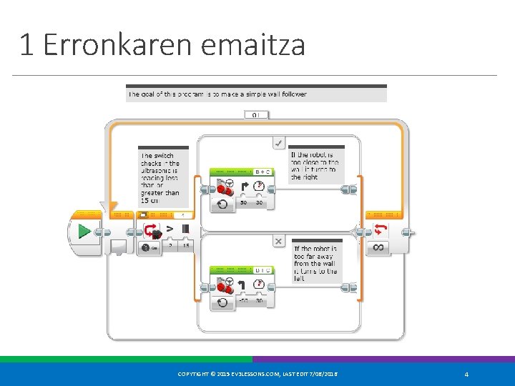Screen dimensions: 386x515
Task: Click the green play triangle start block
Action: coord(84,232)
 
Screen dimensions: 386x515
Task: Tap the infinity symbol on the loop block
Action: coord(378,247)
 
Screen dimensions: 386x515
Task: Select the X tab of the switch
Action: coord(279,242)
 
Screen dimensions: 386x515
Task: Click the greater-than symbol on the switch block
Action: coord(170,229)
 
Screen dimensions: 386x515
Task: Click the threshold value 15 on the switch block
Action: coord(186,246)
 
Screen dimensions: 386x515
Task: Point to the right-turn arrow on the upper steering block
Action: coord(244,187)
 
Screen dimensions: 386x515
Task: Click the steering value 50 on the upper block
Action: coord(244,204)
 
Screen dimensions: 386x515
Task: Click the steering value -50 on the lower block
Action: coord(243,301)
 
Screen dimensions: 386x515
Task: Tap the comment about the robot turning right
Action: coord(315,165)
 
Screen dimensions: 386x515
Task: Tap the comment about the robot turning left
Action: coord(315,262)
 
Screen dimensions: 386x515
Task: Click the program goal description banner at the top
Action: coord(256,94)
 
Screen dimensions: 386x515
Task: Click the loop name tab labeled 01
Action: coord(256,114)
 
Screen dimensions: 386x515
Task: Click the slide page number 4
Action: coord(466,375)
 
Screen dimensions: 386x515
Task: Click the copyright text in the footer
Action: coord(258,375)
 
